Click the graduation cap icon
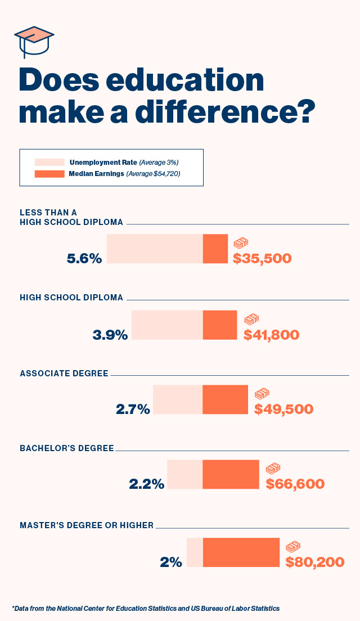[34, 41]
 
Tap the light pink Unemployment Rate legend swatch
[49, 162]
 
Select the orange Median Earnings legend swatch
[49, 174]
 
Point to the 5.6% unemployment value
[84, 259]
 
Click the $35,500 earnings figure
[262, 259]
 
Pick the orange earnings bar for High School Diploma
[220, 325]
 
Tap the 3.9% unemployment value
[110, 335]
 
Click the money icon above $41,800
[251, 319]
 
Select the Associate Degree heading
[64, 373]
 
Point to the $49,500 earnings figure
[283, 409]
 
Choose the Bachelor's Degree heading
[67, 448]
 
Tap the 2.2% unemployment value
[147, 484]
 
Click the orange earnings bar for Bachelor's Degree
[231, 474]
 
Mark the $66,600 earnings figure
[295, 484]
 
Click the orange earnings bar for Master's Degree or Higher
[241, 552]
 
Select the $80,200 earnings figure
[315, 561]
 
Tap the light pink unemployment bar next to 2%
[195, 552]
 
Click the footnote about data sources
[145, 608]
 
